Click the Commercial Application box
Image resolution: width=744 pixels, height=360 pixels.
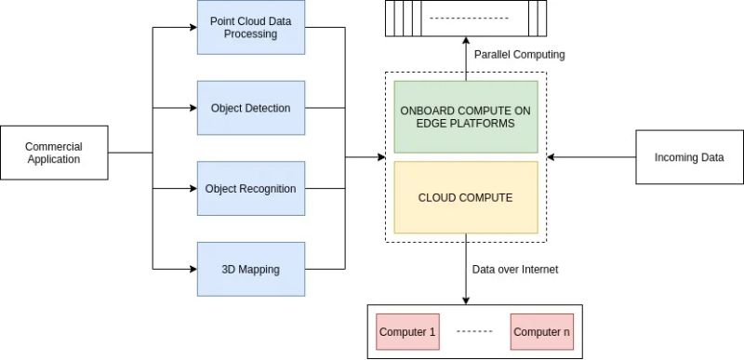tap(53, 153)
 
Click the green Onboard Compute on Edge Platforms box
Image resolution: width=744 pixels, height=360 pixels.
tap(465, 117)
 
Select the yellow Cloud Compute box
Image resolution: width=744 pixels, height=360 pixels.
tap(465, 197)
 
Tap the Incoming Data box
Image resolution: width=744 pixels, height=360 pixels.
tap(687, 157)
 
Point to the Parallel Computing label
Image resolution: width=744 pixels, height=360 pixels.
tap(519, 55)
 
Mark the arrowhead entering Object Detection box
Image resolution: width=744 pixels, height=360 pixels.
tap(193, 108)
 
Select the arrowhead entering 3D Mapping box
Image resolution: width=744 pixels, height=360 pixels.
tap(193, 270)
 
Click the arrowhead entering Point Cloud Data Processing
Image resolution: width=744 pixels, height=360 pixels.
tap(193, 27)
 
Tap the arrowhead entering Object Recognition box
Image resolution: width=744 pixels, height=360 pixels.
tap(193, 189)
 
